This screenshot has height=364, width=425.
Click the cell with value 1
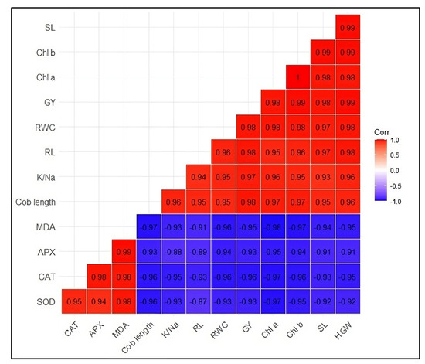pyautogui.click(x=297, y=77)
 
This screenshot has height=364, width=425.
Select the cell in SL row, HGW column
pyautogui.click(x=348, y=28)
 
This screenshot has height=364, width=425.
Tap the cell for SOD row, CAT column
pyautogui.click(x=73, y=301)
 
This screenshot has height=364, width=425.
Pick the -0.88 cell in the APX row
pyautogui.click(x=173, y=251)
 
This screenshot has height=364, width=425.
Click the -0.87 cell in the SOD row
pyautogui.click(x=199, y=301)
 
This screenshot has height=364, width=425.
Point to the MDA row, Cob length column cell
pyautogui.click(x=148, y=226)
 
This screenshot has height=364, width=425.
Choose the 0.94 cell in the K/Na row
pyautogui.click(x=199, y=177)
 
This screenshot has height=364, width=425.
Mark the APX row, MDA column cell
pyautogui.click(x=124, y=251)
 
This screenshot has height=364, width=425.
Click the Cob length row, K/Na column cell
pyautogui.click(x=173, y=202)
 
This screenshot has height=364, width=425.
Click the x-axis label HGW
pyautogui.click(x=345, y=330)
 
